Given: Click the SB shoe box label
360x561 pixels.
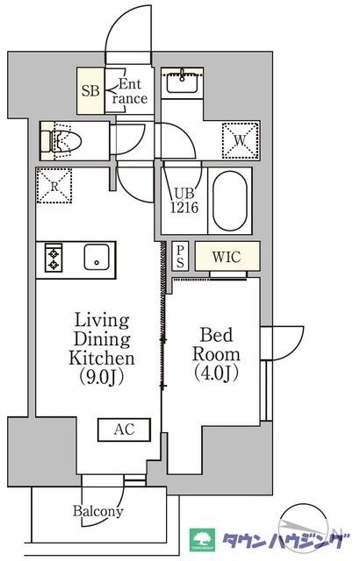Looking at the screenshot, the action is click(x=90, y=91).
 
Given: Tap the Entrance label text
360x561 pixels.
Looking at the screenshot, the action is click(x=129, y=91).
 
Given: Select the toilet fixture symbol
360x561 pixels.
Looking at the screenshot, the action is click(x=61, y=141).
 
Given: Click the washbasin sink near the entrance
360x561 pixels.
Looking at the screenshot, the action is click(x=182, y=81).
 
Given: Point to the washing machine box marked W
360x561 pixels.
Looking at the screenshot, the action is click(x=241, y=140).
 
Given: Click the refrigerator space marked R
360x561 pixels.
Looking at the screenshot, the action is click(x=54, y=186).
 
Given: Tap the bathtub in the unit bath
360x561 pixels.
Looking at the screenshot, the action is click(x=230, y=201).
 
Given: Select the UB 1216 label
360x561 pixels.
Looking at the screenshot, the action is click(x=184, y=201).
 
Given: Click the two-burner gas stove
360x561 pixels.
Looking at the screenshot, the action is click(x=54, y=257).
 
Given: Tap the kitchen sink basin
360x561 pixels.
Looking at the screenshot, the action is click(x=97, y=257).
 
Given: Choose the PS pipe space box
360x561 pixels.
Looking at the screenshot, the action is click(x=180, y=257).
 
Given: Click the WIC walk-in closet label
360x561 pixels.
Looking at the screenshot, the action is click(x=227, y=257).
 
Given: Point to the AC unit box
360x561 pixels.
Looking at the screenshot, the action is click(x=125, y=430).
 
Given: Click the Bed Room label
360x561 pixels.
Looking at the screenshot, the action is click(x=216, y=344).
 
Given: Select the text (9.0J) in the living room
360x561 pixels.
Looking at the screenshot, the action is click(x=102, y=377).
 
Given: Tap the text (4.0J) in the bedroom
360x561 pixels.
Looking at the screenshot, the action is click(x=216, y=373).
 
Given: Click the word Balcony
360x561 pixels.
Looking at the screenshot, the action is click(x=98, y=511).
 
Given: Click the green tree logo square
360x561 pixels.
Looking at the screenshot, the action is click(x=202, y=540).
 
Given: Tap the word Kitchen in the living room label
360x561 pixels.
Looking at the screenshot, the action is click(x=102, y=359).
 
